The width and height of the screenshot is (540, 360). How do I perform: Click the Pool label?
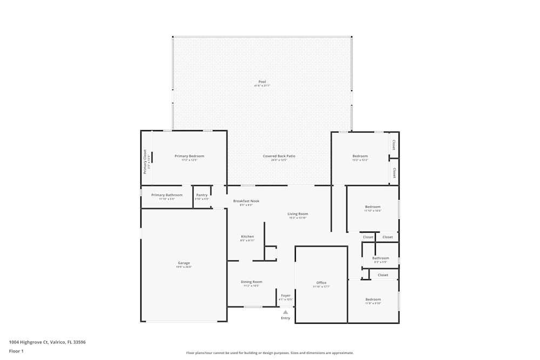pos(262,82)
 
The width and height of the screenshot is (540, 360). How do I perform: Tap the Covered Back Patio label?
pos(279,156)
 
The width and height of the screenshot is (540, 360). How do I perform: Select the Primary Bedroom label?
pos(189,156)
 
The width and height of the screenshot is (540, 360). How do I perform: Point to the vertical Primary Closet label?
pos(145,161)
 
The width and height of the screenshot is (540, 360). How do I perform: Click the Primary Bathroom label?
pos(166,195)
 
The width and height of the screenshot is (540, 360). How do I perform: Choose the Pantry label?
pos(202,195)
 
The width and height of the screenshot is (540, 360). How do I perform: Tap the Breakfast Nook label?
pos(246,201)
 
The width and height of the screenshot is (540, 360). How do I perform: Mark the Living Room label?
pos(298,214)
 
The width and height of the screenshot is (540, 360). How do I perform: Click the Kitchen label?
pos(247,236)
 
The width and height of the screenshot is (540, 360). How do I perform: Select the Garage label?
pos(184,263)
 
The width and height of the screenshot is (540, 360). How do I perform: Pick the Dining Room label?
pos(251,282)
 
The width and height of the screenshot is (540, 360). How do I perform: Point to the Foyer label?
pos(286,295)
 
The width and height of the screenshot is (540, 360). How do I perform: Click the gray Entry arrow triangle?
pos(286,312)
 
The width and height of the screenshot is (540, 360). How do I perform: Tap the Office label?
pos(321,283)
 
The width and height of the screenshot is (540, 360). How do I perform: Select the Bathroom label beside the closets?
pos(380,258)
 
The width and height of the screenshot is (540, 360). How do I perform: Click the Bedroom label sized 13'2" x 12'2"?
pos(360,156)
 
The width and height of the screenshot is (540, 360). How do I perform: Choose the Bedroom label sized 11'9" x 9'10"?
pos(373,300)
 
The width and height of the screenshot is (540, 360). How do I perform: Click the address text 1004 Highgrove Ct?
pos(47,342)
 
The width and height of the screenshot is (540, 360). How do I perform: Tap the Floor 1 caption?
pos(16,351)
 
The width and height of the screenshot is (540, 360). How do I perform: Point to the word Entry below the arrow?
pos(286,318)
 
